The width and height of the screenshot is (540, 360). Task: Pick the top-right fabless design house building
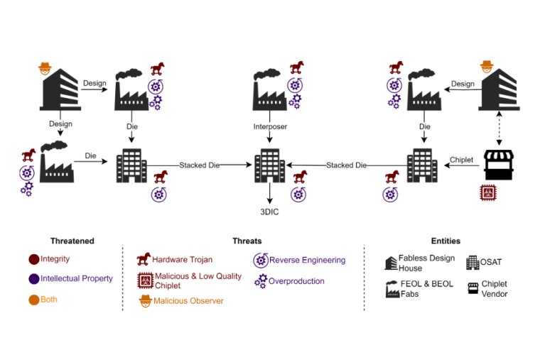point(497,92)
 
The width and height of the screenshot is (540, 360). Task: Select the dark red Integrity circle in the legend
point(33,259)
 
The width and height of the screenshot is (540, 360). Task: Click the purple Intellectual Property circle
point(33,279)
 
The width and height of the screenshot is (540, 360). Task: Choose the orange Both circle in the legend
point(33,300)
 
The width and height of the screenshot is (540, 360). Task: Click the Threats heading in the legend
point(247,241)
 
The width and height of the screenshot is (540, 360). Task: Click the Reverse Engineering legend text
point(307,260)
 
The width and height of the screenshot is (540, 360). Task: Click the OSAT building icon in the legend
point(472,263)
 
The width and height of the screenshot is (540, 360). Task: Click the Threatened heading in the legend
point(72,241)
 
